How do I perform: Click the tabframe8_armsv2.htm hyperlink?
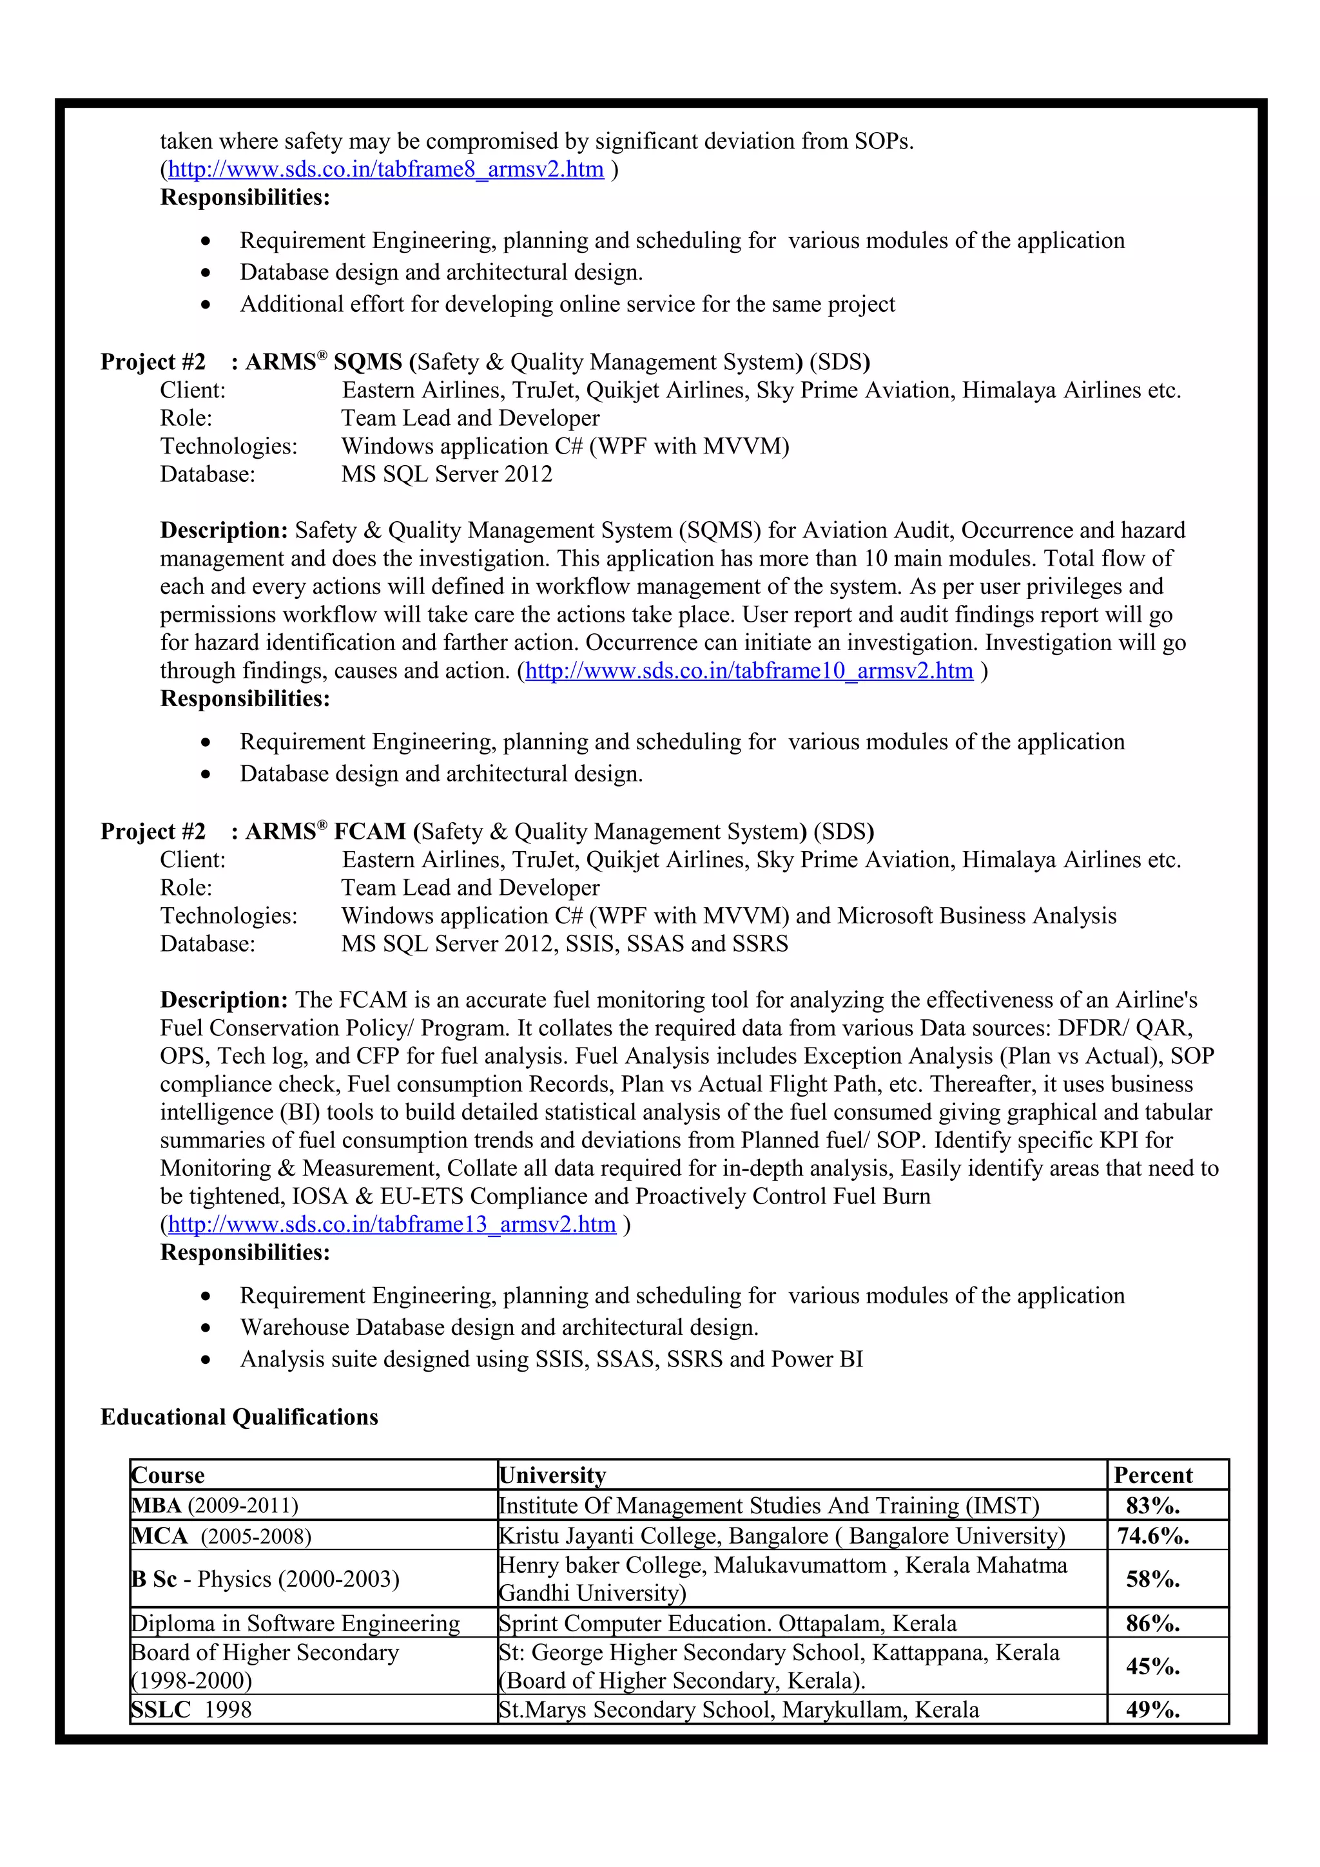(385, 169)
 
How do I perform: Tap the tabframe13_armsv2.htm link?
(391, 1224)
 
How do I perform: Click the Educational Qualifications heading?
(239, 1417)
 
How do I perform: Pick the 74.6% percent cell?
(1152, 1535)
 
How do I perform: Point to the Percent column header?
(1152, 1475)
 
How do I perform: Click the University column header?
(553, 1475)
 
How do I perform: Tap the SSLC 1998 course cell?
(192, 1709)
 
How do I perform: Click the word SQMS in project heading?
(367, 362)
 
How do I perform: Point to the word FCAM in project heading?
(369, 831)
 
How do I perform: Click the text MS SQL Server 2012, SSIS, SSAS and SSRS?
(565, 943)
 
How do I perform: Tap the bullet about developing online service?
(567, 304)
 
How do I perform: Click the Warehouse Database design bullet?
(499, 1327)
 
